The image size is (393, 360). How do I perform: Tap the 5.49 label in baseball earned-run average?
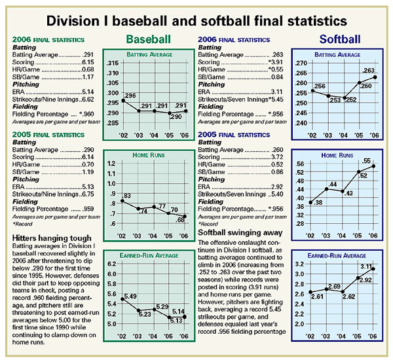[x=130, y=297]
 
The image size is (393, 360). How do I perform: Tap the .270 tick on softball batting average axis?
[x=301, y=63]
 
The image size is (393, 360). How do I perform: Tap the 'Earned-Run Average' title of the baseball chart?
[x=149, y=255]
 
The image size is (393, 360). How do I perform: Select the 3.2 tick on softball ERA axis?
[x=302, y=264]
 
